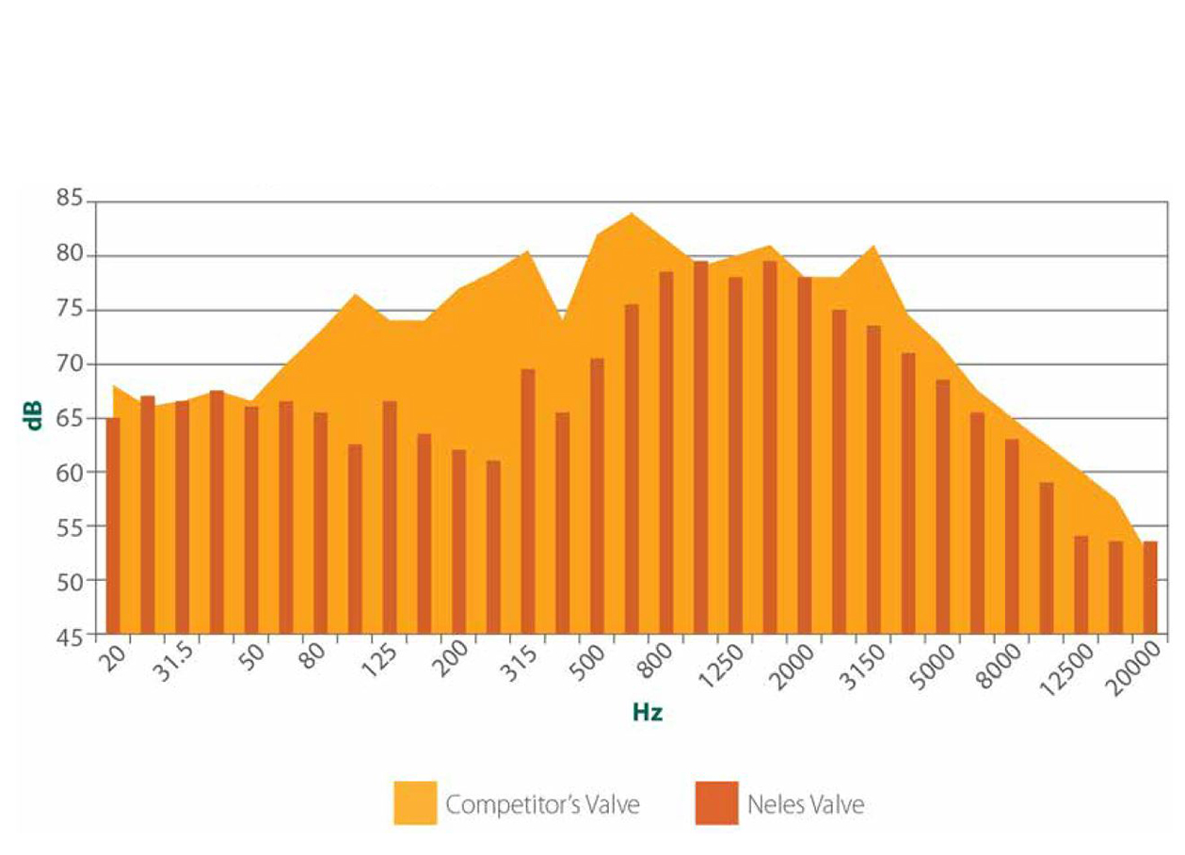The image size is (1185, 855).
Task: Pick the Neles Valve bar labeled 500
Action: [597, 495]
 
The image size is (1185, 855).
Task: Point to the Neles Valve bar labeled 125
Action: [390, 517]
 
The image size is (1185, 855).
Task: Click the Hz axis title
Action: [647, 713]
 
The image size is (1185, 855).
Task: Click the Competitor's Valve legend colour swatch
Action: [414, 803]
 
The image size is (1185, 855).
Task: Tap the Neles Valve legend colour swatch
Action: [716, 803]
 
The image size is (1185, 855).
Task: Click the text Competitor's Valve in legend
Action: [543, 805]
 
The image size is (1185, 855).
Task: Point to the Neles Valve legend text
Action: [806, 805]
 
